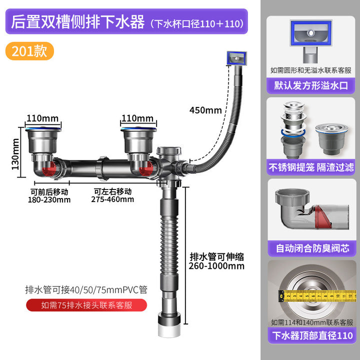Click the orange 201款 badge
click(29, 51)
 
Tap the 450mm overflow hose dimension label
click(205, 110)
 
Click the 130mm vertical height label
click(15, 154)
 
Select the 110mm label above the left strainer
click(42, 118)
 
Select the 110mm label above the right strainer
click(137, 118)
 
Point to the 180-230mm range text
click(49, 199)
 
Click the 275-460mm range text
click(112, 199)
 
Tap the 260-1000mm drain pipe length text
click(216, 266)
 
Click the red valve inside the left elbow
click(49, 169)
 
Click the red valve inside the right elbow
click(146, 169)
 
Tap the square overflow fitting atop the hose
click(236, 58)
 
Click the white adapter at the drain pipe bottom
click(169, 330)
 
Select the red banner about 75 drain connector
click(86, 305)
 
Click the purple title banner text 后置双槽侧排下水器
click(78, 22)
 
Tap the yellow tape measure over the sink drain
click(317, 295)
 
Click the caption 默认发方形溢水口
click(311, 85)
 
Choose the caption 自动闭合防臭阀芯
click(312, 248)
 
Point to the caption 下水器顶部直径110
click(312, 335)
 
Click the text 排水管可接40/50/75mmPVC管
click(86, 289)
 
